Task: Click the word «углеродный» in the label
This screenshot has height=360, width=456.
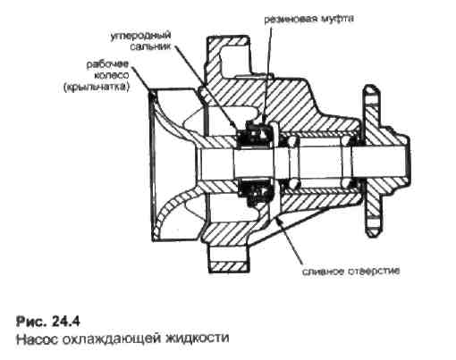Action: [140, 37]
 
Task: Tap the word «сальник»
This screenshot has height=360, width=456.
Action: [151, 46]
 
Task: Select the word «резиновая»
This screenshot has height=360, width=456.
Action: [290, 19]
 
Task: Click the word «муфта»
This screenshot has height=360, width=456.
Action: [336, 19]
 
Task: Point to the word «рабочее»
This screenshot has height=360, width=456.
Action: [107, 64]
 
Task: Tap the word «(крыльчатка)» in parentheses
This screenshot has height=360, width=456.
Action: [97, 88]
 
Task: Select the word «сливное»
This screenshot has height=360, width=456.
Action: [323, 272]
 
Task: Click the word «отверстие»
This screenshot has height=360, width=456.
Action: [374, 271]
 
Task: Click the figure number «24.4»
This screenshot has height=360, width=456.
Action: [65, 322]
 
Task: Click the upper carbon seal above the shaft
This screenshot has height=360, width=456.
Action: [256, 136]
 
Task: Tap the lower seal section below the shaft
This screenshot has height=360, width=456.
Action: [257, 192]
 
